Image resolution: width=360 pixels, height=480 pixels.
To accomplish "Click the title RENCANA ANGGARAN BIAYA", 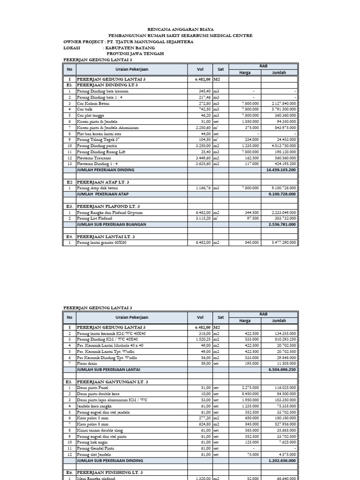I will (180, 29).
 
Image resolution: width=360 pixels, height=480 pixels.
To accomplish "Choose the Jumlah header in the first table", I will (279, 73).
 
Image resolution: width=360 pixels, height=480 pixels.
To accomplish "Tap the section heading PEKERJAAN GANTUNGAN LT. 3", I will (111, 382).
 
